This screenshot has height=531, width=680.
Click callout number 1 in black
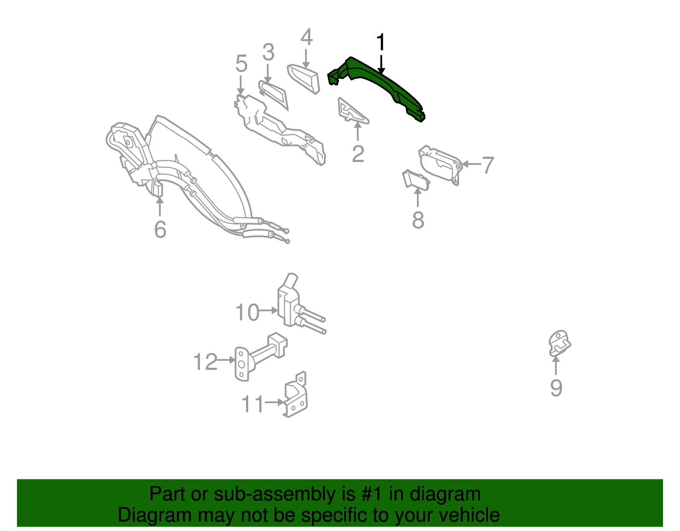click(x=381, y=43)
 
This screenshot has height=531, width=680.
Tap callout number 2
click(x=358, y=154)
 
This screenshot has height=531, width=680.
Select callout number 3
click(x=268, y=53)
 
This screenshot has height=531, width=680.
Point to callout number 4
click(x=306, y=37)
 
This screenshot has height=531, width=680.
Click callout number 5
click(x=241, y=64)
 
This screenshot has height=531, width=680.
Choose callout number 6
click(x=160, y=230)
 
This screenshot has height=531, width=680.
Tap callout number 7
click(x=488, y=165)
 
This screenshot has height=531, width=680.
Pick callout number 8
click(x=418, y=220)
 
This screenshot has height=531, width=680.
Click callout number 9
click(x=556, y=388)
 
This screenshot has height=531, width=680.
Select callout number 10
click(x=247, y=312)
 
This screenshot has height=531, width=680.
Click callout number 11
click(x=252, y=404)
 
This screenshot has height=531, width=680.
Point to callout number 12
click(x=205, y=362)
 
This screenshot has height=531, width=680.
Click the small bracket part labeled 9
click(x=559, y=343)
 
